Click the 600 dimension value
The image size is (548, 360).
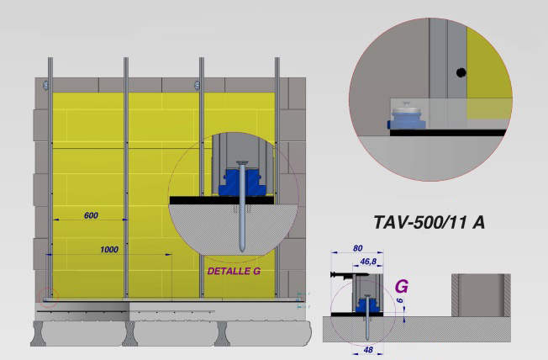tap(91, 215)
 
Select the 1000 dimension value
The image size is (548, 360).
tap(109, 250)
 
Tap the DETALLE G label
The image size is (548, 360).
tap(234, 271)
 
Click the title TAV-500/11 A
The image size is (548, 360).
tap(429, 222)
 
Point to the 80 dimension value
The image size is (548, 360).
tap(357, 248)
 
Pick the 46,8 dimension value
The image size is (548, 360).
tap(368, 262)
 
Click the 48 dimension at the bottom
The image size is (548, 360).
tap(368, 350)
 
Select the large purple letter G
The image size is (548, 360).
tap(402, 287)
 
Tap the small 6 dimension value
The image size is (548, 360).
tap(401, 300)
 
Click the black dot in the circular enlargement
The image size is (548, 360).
tap(461, 73)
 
